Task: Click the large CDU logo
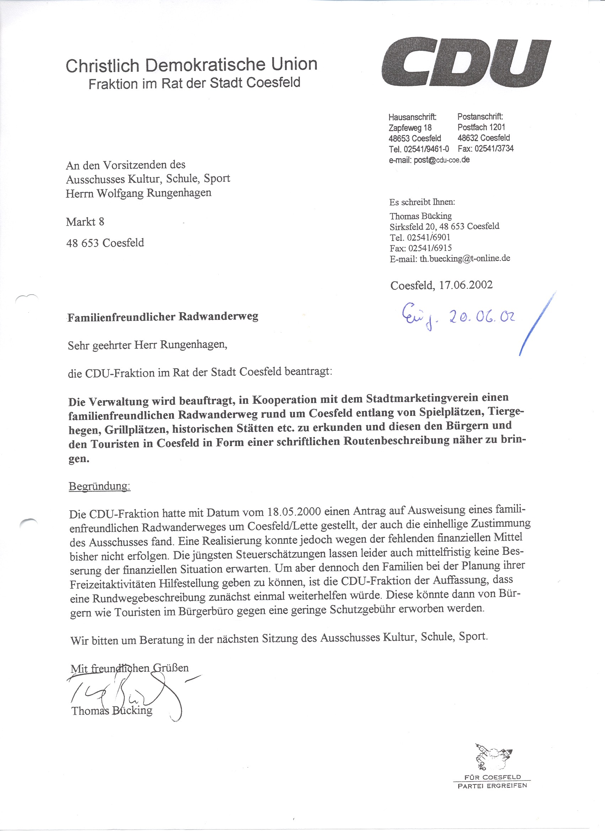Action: [x=466, y=62]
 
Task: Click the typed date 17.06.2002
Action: [x=466, y=285]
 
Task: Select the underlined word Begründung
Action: [x=99, y=487]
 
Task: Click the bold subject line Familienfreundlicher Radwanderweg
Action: [x=163, y=317]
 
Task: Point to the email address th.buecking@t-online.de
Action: [x=465, y=258]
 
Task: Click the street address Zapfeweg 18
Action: [x=410, y=128]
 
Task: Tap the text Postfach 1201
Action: [x=481, y=127]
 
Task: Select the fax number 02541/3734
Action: [x=494, y=149]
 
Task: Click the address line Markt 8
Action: [x=85, y=222]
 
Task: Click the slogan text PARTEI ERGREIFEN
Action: [x=492, y=785]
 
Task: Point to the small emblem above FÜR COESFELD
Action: [x=493, y=752]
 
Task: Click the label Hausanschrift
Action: [x=412, y=117]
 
